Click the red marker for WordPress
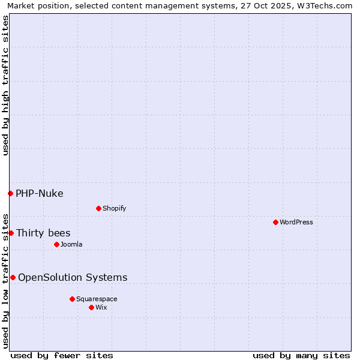click(275, 222)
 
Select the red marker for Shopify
click(98, 208)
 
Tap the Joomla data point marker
click(56, 244)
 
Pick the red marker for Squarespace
click(72, 299)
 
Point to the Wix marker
click(91, 307)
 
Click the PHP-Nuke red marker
click(10, 193)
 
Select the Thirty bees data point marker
click(11, 233)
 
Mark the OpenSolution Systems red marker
click(13, 277)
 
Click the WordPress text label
click(296, 222)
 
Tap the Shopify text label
click(114, 208)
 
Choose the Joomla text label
click(71, 244)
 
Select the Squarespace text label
click(97, 299)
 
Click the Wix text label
click(101, 307)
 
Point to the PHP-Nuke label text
click(40, 193)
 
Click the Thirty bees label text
click(43, 233)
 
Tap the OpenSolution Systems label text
click(73, 277)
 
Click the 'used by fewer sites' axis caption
click(62, 355)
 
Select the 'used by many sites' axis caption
click(301, 355)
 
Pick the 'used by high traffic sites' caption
click(6, 85)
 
